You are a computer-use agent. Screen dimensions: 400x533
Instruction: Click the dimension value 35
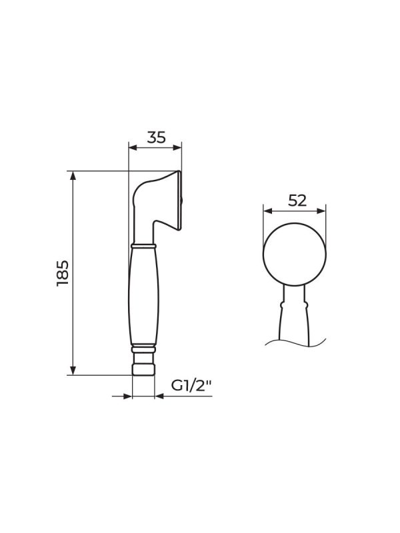(157, 137)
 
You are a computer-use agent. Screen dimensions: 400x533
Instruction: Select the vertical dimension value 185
(63, 273)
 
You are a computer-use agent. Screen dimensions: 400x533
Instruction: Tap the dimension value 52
(297, 201)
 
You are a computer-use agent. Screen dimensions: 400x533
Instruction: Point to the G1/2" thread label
(191, 386)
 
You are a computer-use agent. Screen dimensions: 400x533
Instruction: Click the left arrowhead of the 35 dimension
(133, 147)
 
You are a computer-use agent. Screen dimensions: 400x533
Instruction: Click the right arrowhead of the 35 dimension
(177, 147)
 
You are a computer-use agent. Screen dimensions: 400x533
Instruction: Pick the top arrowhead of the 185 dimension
(73, 175)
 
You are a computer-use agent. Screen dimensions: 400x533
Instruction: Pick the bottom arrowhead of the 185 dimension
(73, 370)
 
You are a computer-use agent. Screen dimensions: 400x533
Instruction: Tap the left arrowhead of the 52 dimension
(268, 211)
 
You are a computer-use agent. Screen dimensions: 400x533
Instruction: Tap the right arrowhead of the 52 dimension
(321, 211)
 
